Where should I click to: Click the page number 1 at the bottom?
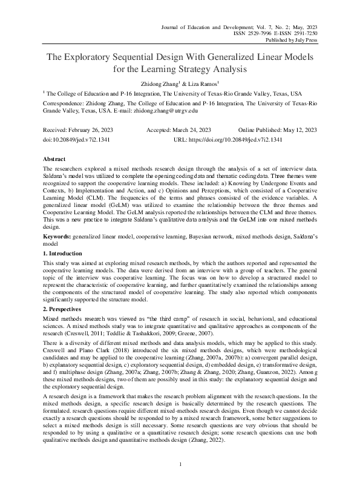point(180,464)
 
